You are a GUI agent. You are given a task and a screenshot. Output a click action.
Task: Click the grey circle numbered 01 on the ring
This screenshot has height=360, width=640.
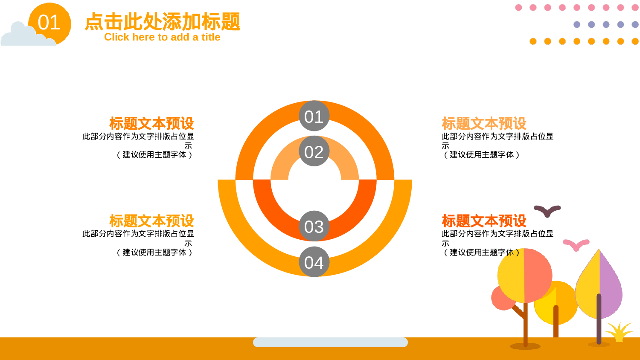coord(314,116)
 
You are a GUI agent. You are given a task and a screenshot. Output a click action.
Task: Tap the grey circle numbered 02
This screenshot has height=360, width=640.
coord(314,151)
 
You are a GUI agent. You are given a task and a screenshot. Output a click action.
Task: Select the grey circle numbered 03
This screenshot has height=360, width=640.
coord(314,226)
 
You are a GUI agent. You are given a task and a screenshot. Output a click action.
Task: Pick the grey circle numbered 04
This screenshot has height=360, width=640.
coord(314,262)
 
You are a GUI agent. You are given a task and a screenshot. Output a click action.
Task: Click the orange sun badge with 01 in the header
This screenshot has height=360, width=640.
coord(50,23)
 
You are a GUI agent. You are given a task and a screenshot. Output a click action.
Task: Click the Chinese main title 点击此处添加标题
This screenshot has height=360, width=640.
coord(162,21)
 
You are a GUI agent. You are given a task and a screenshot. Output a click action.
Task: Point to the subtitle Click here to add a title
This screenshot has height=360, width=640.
coord(162,37)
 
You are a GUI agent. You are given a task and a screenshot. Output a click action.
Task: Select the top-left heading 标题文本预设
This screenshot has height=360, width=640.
coord(151,124)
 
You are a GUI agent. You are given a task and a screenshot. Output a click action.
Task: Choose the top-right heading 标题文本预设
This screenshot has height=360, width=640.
coord(484,124)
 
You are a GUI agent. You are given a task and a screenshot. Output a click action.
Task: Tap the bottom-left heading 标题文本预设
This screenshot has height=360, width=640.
coord(151,221)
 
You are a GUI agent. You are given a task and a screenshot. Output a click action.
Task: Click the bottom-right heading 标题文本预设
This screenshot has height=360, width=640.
coord(484,221)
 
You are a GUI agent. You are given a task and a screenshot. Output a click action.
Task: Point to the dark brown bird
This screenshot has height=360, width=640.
coord(547,211)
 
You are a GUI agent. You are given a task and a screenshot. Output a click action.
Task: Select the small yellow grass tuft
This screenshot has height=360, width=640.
coord(619,332)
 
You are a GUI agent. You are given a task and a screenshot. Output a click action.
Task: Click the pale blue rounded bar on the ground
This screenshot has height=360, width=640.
coord(330,342)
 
